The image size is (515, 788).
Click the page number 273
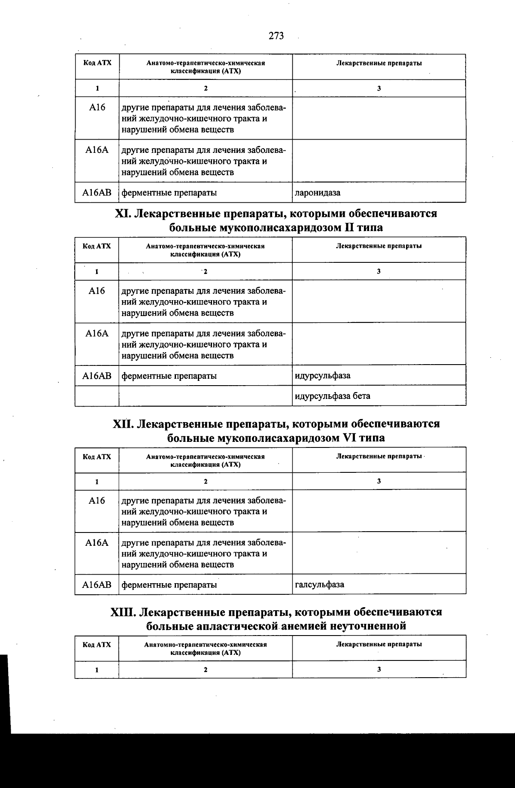click(x=276, y=36)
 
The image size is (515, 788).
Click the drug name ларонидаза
click(x=318, y=193)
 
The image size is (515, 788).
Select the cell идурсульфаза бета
click(x=332, y=396)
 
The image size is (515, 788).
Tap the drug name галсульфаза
click(x=319, y=584)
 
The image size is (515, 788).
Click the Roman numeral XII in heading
click(x=124, y=424)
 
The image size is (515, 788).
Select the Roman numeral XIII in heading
click(x=124, y=612)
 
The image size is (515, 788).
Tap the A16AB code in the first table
click(x=97, y=193)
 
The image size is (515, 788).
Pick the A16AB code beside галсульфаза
click(x=97, y=584)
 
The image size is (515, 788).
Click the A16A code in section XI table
click(x=97, y=334)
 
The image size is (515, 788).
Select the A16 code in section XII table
click(x=97, y=501)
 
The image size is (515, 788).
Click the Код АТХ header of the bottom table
click(x=97, y=645)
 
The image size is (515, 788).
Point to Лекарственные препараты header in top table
click(x=379, y=63)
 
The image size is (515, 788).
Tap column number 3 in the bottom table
click(x=379, y=669)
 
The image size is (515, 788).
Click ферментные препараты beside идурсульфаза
click(x=169, y=376)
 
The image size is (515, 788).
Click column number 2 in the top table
click(x=206, y=88)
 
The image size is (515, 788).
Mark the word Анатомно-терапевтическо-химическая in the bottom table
click(x=206, y=645)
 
